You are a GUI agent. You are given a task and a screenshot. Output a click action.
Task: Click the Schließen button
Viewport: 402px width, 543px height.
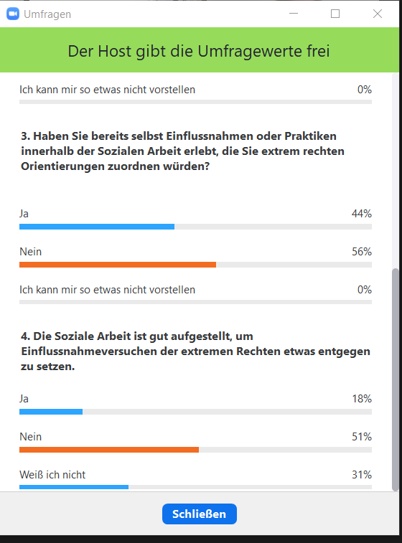pyautogui.click(x=200, y=514)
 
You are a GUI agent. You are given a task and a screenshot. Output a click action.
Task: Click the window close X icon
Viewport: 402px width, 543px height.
pyautogui.click(x=378, y=14)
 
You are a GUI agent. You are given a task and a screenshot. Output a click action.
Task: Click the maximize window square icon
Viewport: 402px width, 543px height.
pyautogui.click(x=335, y=14)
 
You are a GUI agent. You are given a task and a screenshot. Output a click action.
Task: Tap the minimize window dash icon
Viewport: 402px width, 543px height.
pyautogui.click(x=294, y=14)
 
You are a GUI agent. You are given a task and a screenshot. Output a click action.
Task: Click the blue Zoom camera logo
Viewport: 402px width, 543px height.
pyautogui.click(x=13, y=14)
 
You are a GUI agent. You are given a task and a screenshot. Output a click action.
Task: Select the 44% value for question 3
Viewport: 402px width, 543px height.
pyautogui.click(x=362, y=214)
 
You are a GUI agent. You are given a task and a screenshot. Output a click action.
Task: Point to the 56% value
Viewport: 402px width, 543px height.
pyautogui.click(x=362, y=251)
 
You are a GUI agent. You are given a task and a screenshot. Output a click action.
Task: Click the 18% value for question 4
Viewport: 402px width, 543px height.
pyautogui.click(x=362, y=399)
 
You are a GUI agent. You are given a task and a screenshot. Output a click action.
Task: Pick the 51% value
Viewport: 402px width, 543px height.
pyautogui.click(x=362, y=437)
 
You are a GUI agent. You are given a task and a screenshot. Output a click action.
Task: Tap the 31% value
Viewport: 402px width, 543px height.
pyautogui.click(x=362, y=474)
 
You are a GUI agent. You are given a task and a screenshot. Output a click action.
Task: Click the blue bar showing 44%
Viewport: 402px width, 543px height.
pyautogui.click(x=97, y=227)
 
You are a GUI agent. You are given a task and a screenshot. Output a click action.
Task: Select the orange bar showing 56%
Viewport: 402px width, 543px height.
pyautogui.click(x=118, y=265)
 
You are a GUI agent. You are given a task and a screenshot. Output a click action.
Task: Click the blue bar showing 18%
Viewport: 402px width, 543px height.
pyautogui.click(x=51, y=412)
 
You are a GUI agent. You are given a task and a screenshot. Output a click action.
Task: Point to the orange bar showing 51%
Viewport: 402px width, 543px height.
pyautogui.click(x=109, y=450)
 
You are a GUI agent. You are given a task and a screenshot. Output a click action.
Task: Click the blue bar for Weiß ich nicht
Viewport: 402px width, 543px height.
pyautogui.click(x=74, y=487)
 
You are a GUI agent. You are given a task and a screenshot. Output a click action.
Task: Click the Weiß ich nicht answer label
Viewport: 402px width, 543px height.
pyautogui.click(x=52, y=474)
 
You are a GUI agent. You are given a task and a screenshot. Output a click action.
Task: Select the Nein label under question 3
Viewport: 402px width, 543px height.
pyautogui.click(x=30, y=251)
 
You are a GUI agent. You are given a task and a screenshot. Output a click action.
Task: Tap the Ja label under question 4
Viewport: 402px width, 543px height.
pyautogui.click(x=24, y=399)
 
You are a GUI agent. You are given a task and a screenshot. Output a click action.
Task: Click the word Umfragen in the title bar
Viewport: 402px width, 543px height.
pyautogui.click(x=47, y=14)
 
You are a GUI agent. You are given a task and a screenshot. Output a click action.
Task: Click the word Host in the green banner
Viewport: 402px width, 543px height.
pyautogui.click(x=115, y=51)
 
